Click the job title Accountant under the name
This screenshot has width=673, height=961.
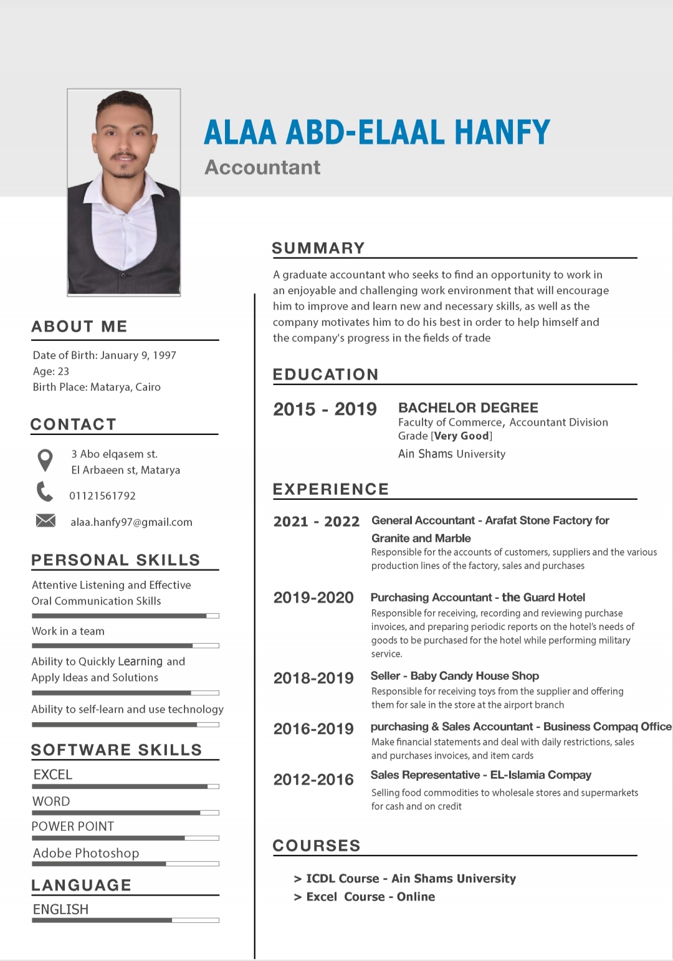tap(262, 167)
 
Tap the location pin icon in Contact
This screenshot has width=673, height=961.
tap(45, 460)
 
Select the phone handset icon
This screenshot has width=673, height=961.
tap(45, 492)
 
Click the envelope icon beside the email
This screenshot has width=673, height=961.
tap(45, 520)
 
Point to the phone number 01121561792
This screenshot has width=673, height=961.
tap(102, 496)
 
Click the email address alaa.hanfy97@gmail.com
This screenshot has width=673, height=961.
tap(131, 522)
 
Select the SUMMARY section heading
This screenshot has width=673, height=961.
tap(318, 248)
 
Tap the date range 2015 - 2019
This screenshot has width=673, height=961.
tap(325, 409)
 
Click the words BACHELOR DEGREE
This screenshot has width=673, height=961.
tap(468, 408)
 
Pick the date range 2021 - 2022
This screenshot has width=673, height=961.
tap(317, 522)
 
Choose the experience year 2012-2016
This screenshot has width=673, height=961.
tap(313, 780)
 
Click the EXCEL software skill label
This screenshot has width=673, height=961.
tap(53, 775)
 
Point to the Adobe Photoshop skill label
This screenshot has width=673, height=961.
tap(86, 853)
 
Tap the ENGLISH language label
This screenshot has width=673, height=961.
tap(60, 909)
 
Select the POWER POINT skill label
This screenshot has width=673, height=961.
tap(73, 826)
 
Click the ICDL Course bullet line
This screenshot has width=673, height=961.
tap(405, 879)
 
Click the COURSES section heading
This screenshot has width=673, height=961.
tap(317, 846)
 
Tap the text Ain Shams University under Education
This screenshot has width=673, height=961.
tap(452, 454)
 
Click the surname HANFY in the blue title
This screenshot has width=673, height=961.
tap(502, 132)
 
